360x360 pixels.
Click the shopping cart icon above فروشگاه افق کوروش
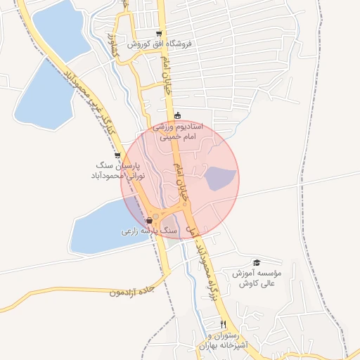tap(160, 32)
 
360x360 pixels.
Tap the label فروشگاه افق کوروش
tap(160, 44)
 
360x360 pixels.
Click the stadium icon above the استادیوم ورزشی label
tap(177, 116)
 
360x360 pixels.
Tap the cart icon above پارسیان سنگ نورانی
tap(117, 155)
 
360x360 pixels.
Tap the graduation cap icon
tap(256, 262)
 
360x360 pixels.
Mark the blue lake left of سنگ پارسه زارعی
tap(105, 224)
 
